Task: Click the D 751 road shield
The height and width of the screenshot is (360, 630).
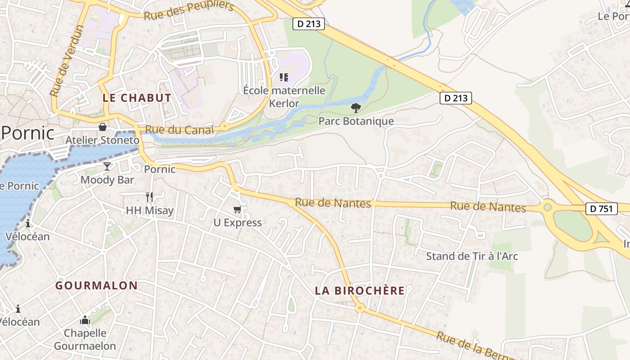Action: pyautogui.click(x=602, y=208)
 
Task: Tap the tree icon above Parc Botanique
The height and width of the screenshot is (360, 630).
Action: pyautogui.click(x=356, y=108)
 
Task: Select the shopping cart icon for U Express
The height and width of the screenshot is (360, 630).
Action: pyautogui.click(x=238, y=209)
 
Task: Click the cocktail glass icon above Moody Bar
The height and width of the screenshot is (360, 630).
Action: pyautogui.click(x=107, y=166)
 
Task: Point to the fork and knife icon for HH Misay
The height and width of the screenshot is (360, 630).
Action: pyautogui.click(x=149, y=197)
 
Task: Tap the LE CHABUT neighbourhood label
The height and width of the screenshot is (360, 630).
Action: pyautogui.click(x=137, y=98)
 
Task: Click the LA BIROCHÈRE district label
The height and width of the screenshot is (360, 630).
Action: pyautogui.click(x=360, y=291)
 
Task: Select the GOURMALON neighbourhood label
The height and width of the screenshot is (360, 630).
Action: pyautogui.click(x=96, y=285)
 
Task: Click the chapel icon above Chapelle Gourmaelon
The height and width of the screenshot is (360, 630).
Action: pyautogui.click(x=85, y=320)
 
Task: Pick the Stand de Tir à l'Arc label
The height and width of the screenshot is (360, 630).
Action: pyautogui.click(x=472, y=256)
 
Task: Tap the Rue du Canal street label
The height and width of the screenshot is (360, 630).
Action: pyautogui.click(x=180, y=130)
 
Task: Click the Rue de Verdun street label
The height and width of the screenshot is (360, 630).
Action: pyautogui.click(x=67, y=60)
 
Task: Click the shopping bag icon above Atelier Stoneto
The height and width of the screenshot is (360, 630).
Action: pyautogui.click(x=103, y=127)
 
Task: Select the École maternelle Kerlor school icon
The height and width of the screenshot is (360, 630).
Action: pyautogui.click(x=284, y=77)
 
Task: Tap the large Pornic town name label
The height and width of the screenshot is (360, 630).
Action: pyautogui.click(x=28, y=133)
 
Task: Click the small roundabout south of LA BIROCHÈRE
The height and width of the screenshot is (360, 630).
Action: pyautogui.click(x=359, y=308)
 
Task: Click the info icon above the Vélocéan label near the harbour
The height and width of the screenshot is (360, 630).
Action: pyautogui.click(x=28, y=223)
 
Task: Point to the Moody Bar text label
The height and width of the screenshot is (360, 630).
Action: pyautogui.click(x=107, y=180)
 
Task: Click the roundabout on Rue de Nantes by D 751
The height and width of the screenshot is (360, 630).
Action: pyautogui.click(x=547, y=207)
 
